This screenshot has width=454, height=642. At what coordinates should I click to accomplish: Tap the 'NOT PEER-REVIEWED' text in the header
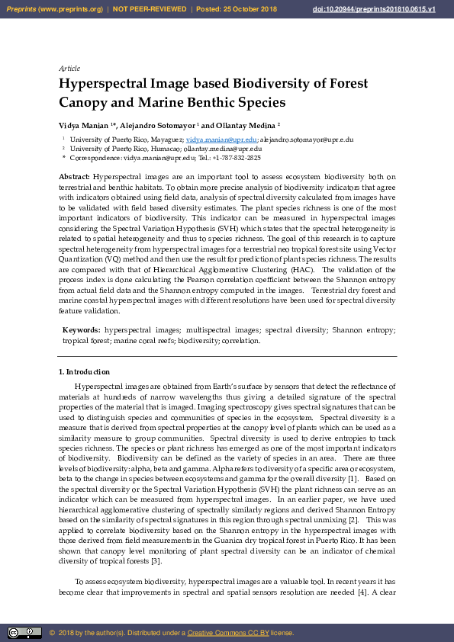(x=150, y=9)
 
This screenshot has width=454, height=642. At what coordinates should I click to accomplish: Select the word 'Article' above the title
(x=69, y=69)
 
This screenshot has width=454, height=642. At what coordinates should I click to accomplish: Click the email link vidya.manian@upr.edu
(x=222, y=140)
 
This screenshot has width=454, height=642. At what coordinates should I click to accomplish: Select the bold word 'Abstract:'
(x=75, y=177)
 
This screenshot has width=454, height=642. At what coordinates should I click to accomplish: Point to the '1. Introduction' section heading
(x=85, y=372)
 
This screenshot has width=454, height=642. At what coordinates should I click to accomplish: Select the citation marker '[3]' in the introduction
(x=155, y=560)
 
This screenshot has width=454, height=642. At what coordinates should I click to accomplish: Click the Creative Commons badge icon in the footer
(x=24, y=632)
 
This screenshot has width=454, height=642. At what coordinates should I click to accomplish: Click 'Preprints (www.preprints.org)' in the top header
(x=54, y=9)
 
